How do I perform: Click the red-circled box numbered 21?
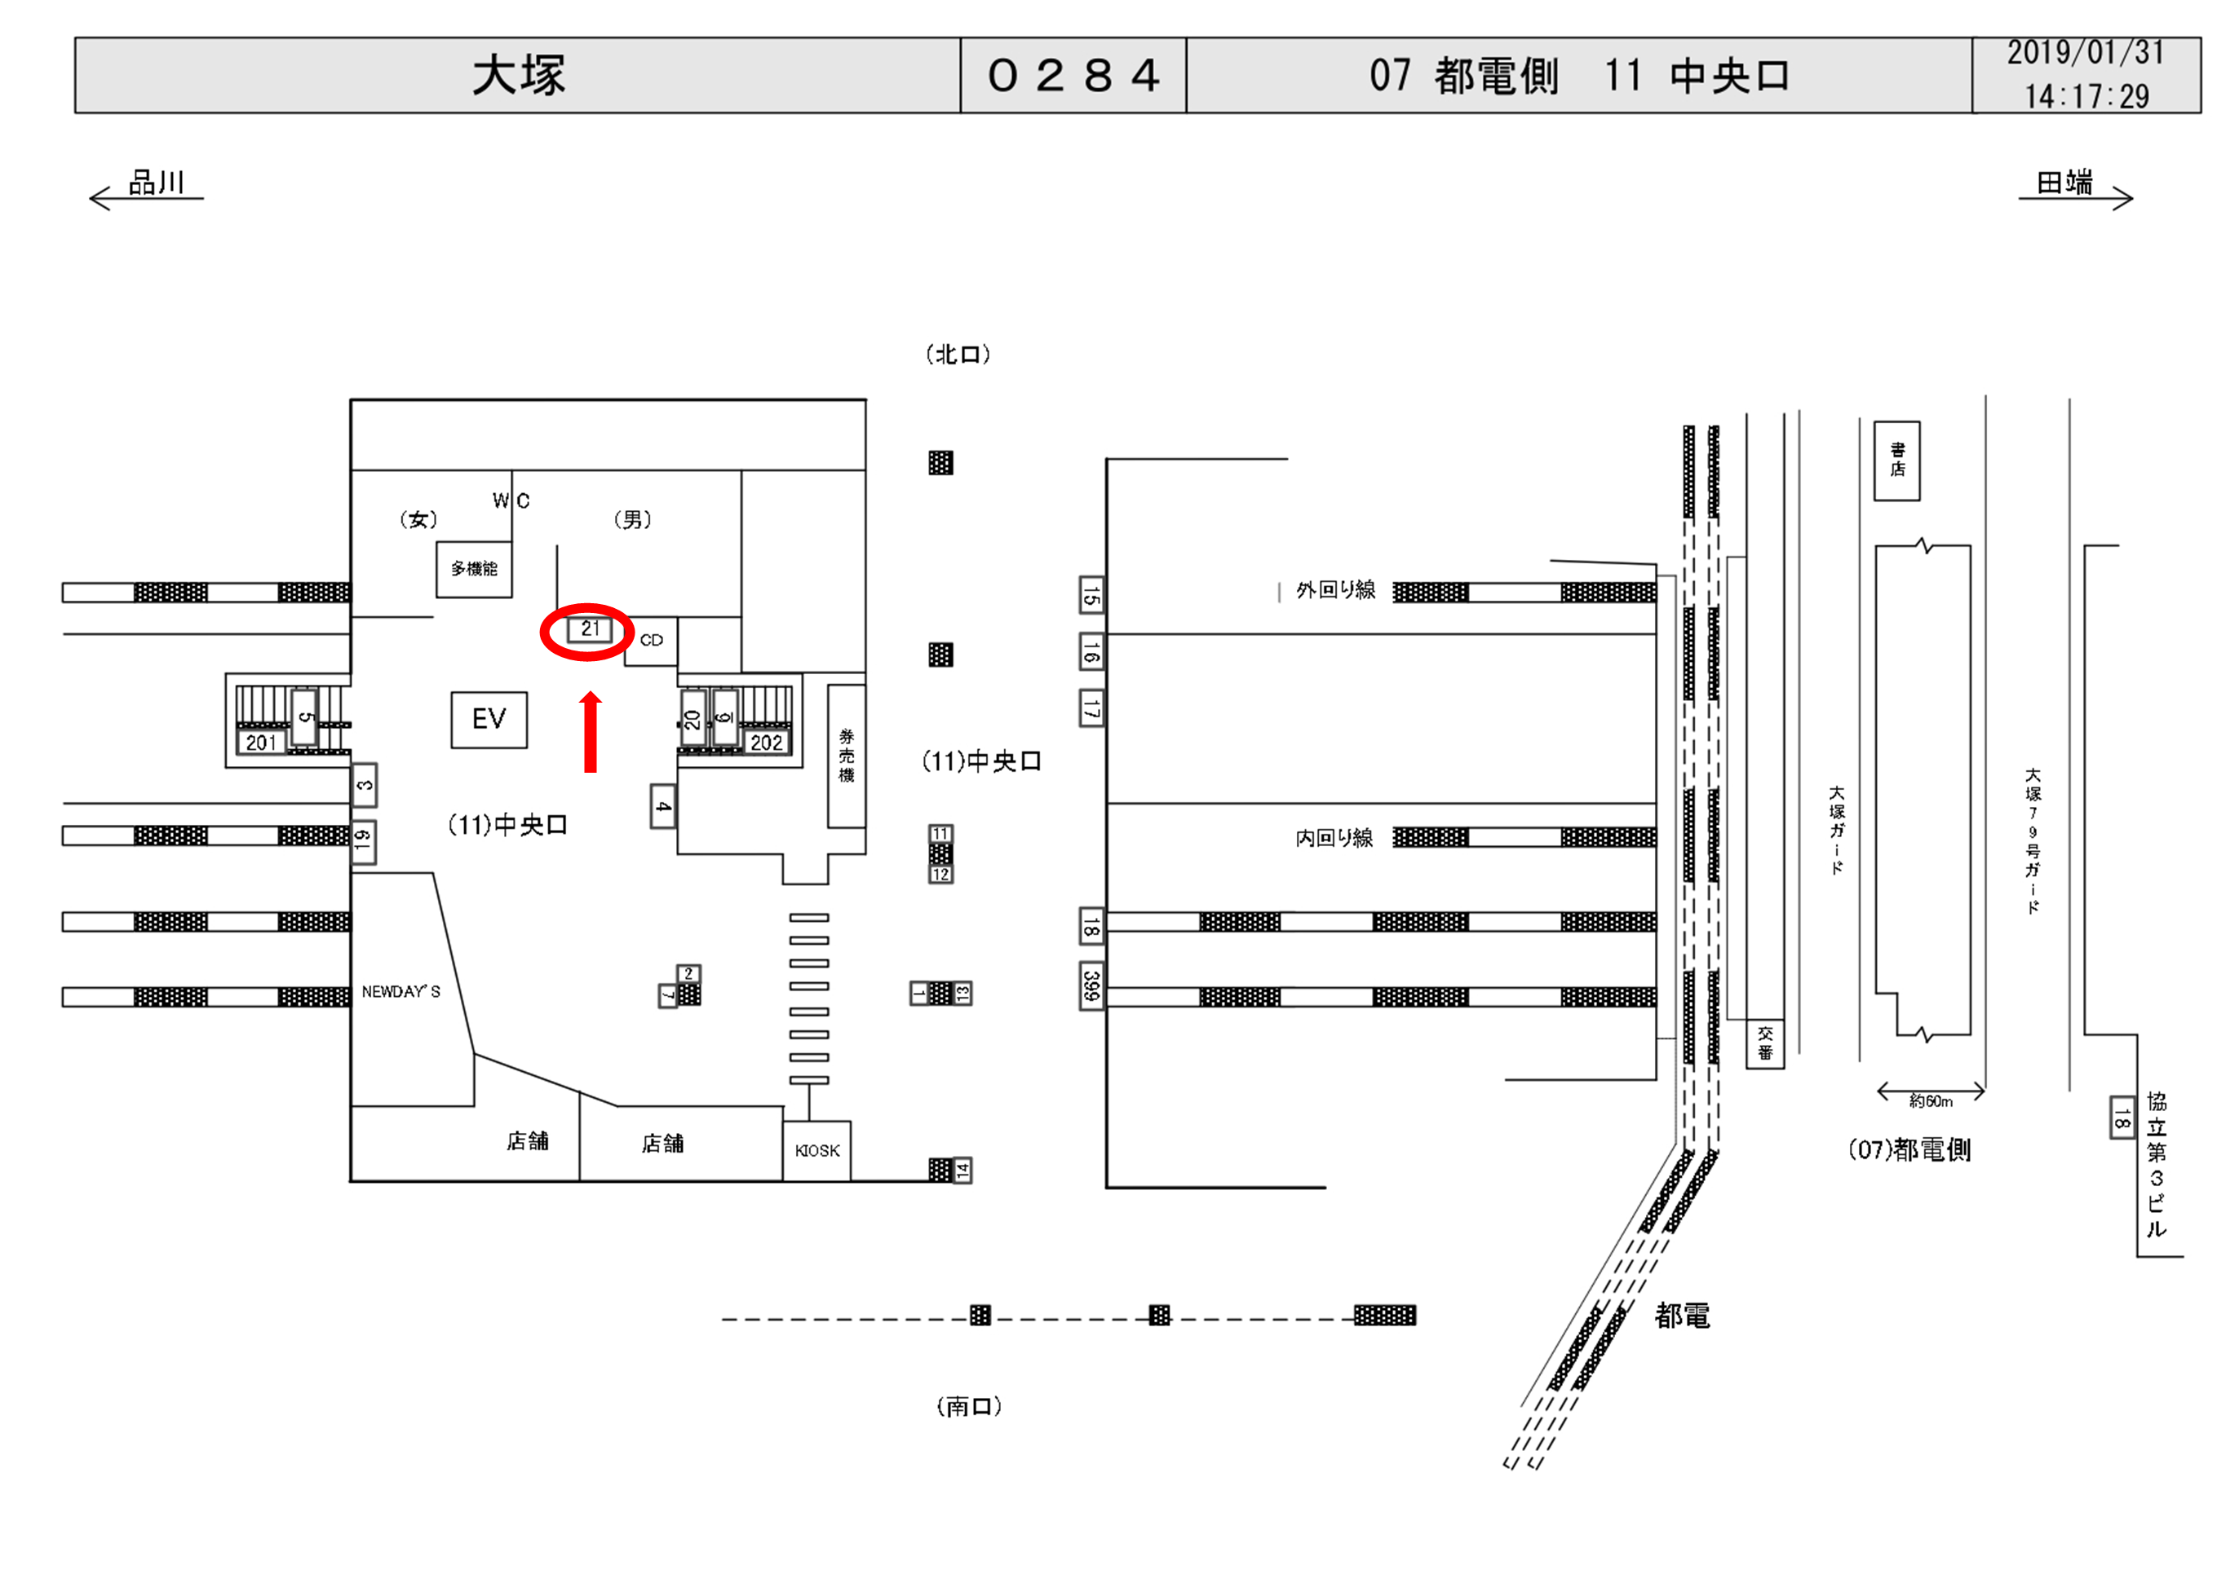point(589,629)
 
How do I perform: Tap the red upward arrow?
point(590,732)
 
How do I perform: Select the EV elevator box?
point(489,720)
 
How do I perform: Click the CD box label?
point(652,641)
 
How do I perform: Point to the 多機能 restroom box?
point(474,568)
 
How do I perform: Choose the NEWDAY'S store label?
point(400,991)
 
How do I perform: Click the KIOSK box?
point(816,1150)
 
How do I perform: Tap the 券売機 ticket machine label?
point(847,756)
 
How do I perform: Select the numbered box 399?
point(1091,986)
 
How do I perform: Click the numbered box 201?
point(261,743)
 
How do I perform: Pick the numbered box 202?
point(766,743)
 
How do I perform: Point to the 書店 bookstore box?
point(1896,460)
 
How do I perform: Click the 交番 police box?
point(1764,1043)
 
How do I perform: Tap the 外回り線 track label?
point(1335,589)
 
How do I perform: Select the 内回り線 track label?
point(1334,838)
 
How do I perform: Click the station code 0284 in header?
point(1073,76)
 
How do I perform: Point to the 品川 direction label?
point(156,183)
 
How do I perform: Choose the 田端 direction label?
point(2064,183)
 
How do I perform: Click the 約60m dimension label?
point(1931,1101)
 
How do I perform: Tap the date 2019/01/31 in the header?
point(2085,54)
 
